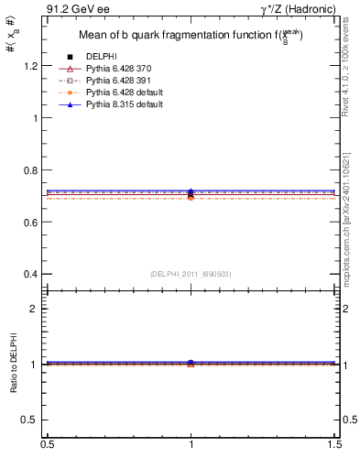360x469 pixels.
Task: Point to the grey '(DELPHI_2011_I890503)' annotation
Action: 191,274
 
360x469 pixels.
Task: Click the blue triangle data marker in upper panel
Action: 191,191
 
